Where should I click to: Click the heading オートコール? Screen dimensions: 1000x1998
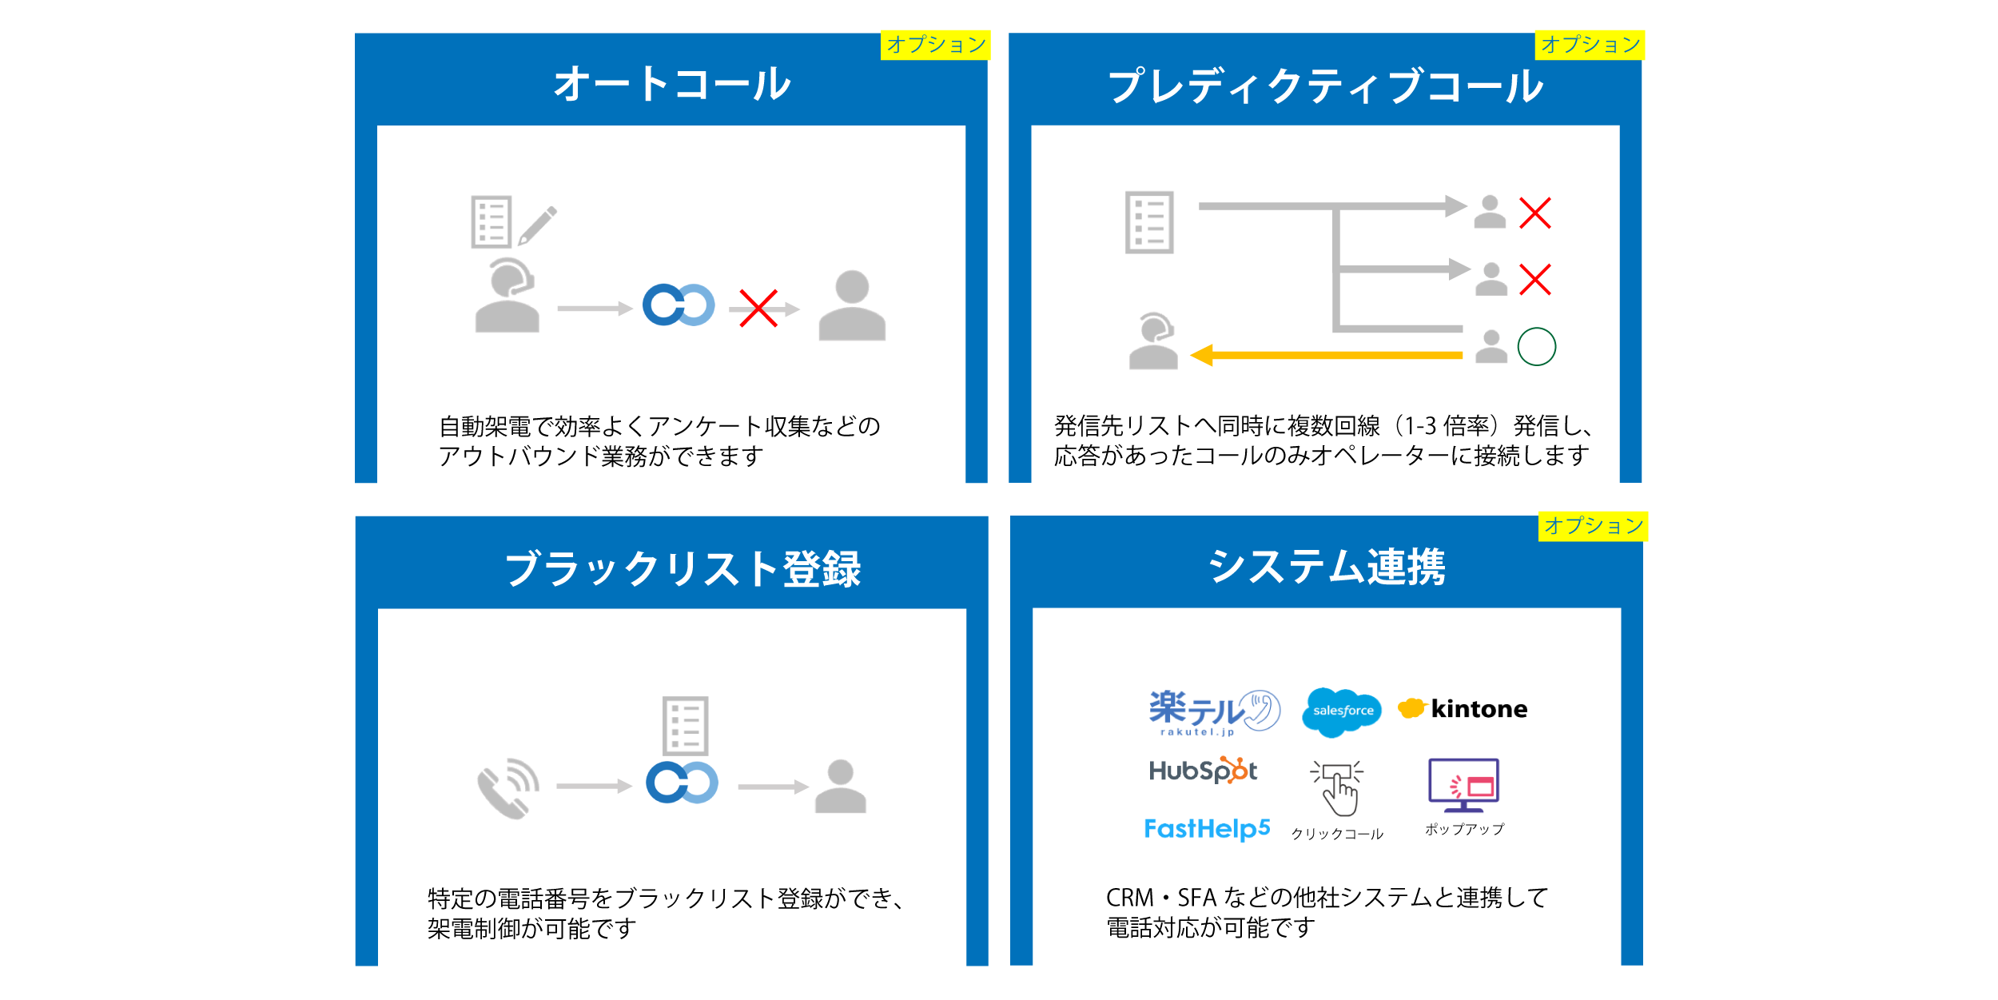pyautogui.click(x=671, y=84)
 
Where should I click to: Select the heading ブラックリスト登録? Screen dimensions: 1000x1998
pyautogui.click(x=683, y=569)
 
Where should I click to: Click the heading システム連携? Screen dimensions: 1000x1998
pyautogui.click(x=1327, y=567)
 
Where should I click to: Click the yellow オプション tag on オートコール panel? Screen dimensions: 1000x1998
pyautogui.click(x=935, y=45)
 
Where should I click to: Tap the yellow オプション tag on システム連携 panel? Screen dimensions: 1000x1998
pyautogui.click(x=1593, y=526)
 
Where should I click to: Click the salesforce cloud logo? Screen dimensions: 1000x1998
pyautogui.click(x=1342, y=711)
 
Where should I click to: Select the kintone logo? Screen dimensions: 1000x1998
pyautogui.click(x=1463, y=709)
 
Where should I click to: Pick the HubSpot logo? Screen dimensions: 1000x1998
pyautogui.click(x=1203, y=771)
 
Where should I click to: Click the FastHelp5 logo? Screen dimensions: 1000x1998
pyautogui.click(x=1207, y=829)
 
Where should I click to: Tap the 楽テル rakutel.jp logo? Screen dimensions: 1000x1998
pyautogui.click(x=1214, y=711)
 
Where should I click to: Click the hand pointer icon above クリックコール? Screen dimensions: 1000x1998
pyautogui.click(x=1338, y=788)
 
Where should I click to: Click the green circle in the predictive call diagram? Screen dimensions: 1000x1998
pyautogui.click(x=1536, y=347)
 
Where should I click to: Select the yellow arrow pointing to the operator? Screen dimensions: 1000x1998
pyautogui.click(x=1327, y=355)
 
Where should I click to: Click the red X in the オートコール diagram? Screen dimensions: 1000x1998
pyautogui.click(x=758, y=309)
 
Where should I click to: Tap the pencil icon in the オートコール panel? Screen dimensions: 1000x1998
pyautogui.click(x=538, y=225)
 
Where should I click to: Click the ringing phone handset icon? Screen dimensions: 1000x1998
pyautogui.click(x=508, y=788)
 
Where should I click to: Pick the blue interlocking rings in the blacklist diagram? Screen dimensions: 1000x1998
pyautogui.click(x=682, y=783)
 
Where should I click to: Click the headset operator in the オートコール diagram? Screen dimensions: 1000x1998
pyautogui.click(x=507, y=295)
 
